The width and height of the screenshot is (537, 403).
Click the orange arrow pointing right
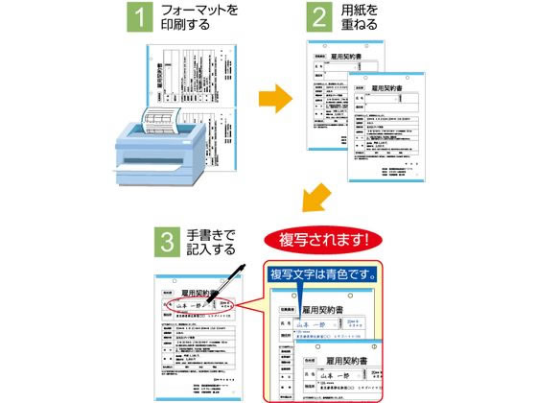tap(277, 97)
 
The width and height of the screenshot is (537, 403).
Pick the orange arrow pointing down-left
tap(315, 199)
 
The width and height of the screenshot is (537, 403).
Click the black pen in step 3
tap(224, 288)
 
